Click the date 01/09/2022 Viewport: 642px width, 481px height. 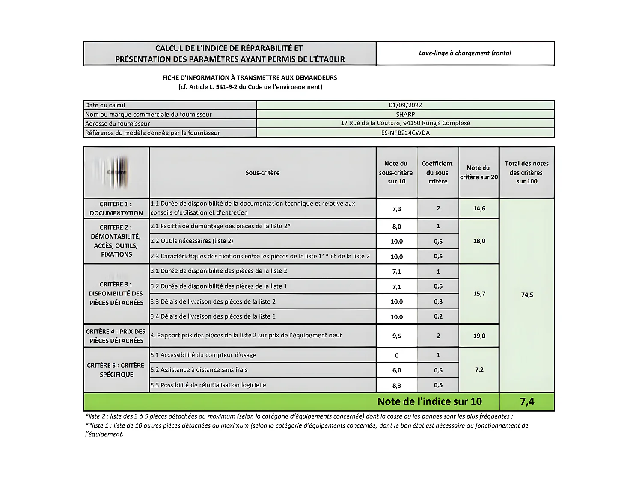pos(405,105)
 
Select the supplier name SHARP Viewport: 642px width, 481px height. pos(405,114)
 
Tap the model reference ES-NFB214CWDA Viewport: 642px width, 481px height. pos(405,133)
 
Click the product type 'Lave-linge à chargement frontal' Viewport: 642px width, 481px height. pos(465,53)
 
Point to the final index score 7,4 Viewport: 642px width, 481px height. pos(527,401)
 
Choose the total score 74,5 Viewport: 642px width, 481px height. pos(527,295)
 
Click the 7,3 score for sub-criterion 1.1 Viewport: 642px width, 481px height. pos(396,209)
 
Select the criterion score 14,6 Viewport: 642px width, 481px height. pos(479,208)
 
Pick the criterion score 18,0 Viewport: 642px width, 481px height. pos(479,241)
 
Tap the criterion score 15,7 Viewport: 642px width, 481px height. pos(479,294)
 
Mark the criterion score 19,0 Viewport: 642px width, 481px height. pos(479,336)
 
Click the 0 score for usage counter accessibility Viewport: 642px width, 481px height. pos(396,355)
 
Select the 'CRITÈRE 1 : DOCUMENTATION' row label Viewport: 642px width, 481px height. pos(116,208)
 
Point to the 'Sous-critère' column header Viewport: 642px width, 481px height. pos(262,173)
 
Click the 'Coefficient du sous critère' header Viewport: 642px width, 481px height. pos(437,172)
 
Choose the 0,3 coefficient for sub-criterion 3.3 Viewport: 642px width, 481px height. pos(438,301)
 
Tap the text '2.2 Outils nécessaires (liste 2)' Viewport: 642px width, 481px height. pos(192,241)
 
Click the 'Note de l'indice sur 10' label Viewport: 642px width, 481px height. pos(429,401)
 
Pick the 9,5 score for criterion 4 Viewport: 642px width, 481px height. pos(396,336)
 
